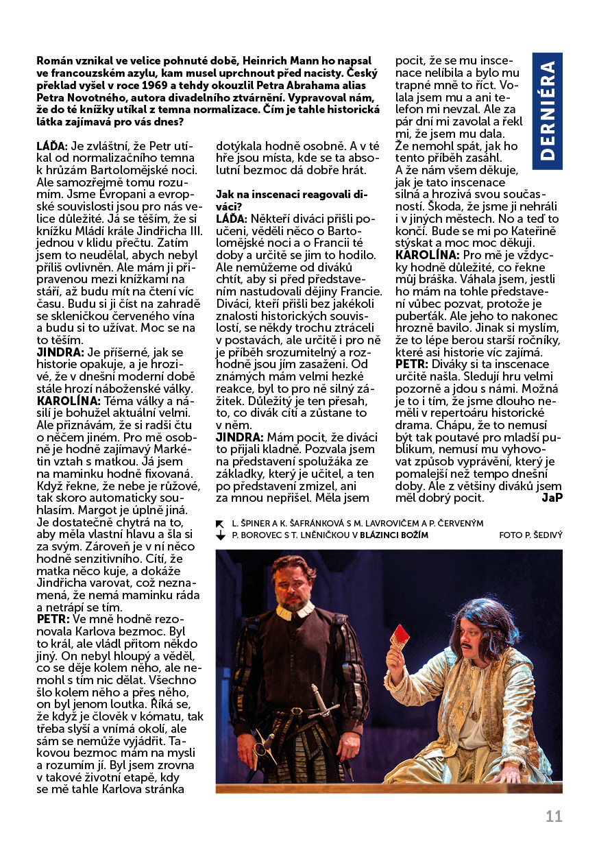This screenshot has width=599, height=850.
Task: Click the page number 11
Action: point(554,816)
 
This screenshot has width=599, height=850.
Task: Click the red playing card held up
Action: point(399,637)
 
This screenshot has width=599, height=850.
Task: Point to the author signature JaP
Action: point(552,498)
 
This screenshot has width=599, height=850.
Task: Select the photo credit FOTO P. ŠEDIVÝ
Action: point(530,535)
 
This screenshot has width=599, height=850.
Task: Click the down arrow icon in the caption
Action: point(221,535)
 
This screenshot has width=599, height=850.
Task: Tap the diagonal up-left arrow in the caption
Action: point(221,523)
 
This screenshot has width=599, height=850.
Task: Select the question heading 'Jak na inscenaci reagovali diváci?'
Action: point(292,199)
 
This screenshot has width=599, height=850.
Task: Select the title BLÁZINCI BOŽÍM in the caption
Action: point(394,535)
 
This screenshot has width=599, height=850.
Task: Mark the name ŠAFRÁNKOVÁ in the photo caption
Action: point(318,523)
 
